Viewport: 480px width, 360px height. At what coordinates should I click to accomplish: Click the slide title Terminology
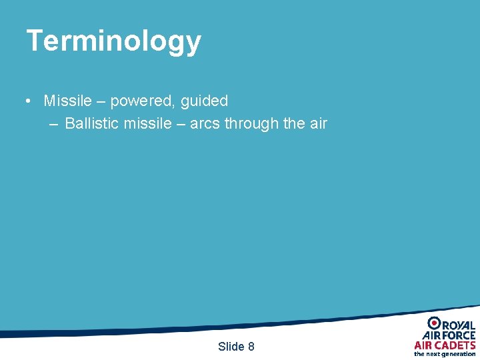point(113,41)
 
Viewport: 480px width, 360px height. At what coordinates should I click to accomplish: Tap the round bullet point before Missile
point(29,101)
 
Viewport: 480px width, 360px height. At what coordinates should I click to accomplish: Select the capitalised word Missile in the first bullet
point(67,101)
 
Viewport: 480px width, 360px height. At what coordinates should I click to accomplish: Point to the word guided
point(205,101)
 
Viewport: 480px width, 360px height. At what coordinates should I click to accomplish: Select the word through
point(251,123)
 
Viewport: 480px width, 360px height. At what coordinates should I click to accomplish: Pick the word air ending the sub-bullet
point(317,123)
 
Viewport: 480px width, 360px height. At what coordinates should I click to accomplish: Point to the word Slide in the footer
point(231,347)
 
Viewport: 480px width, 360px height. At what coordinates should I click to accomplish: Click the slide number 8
point(251,347)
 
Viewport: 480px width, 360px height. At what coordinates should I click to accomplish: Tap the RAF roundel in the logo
point(434,323)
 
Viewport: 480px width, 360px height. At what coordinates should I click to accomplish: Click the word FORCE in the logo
point(459,335)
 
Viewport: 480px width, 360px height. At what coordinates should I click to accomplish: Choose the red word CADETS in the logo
point(455,345)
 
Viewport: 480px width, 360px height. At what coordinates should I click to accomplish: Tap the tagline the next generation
point(445,354)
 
